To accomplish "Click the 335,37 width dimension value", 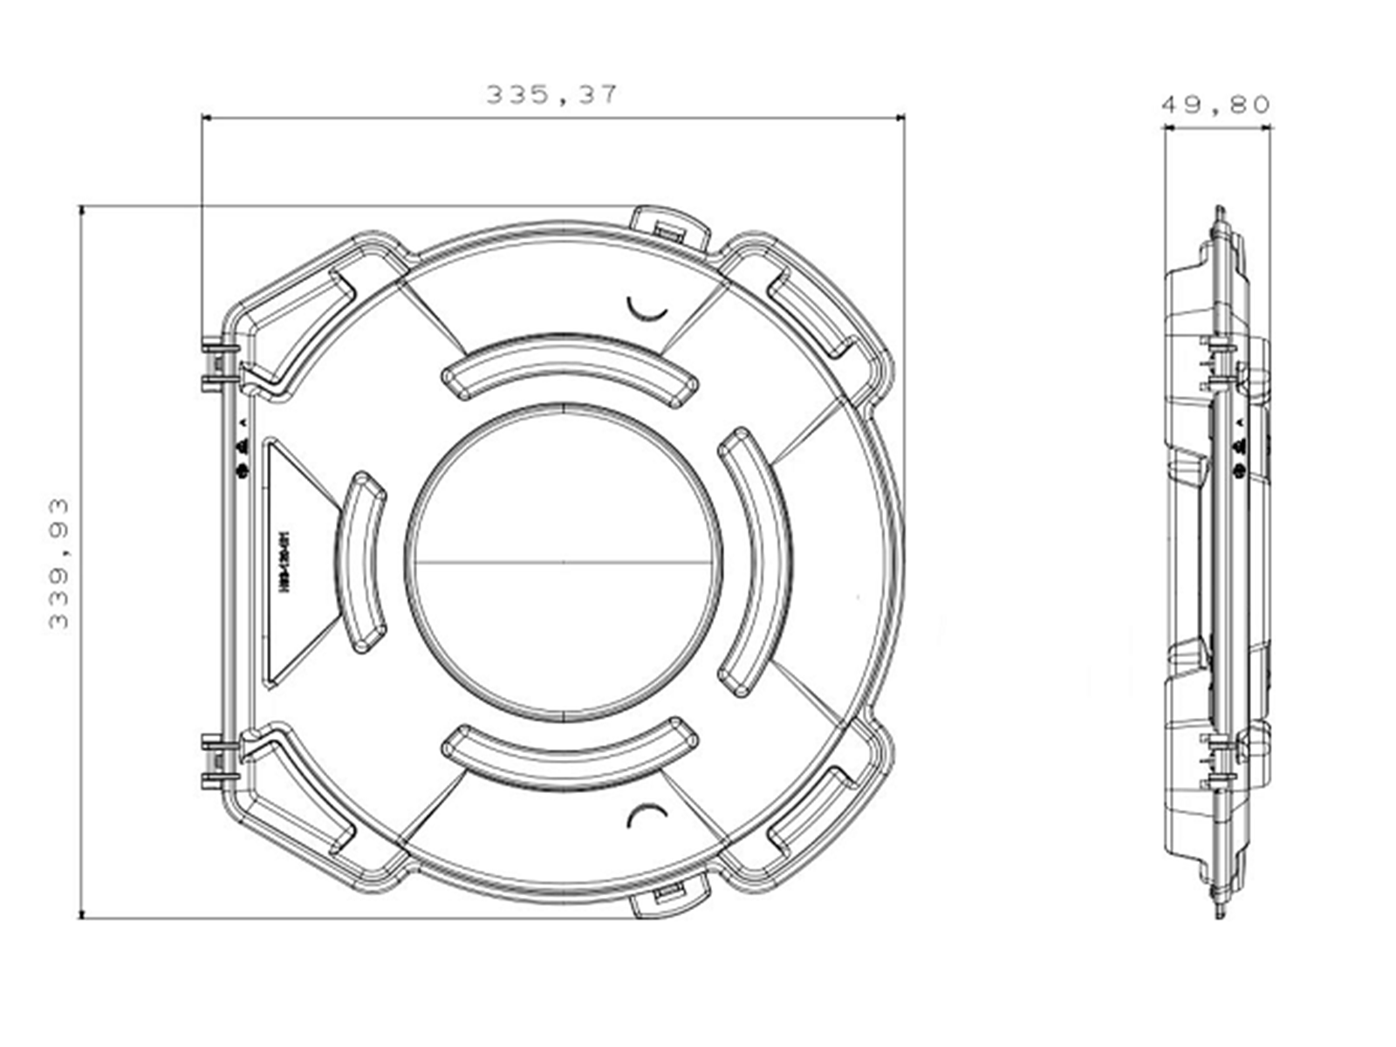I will (x=551, y=94).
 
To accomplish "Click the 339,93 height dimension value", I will (x=59, y=564).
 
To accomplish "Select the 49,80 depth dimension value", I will (x=1215, y=105).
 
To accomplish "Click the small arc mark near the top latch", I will (x=647, y=309).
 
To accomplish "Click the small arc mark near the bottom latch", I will (x=647, y=814).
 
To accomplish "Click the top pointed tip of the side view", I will (x=1220, y=210).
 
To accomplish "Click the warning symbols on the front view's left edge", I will (x=243, y=447).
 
